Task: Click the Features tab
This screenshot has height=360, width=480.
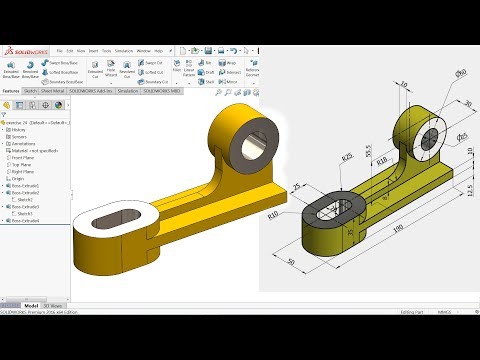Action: pos(11,90)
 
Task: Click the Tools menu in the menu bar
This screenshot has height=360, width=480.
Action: pos(101,49)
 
